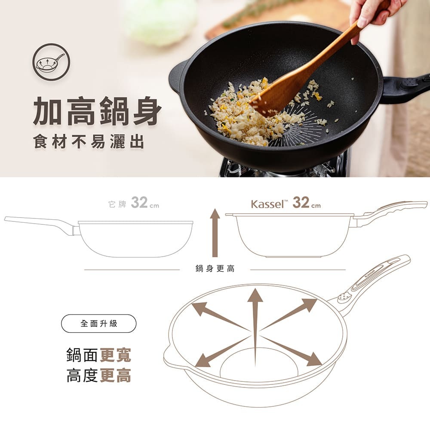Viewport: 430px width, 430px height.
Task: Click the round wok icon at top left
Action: pos(51,62)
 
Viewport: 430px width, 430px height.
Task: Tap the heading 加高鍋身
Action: pos(97,111)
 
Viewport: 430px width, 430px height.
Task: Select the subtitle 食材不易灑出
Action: pos(89,141)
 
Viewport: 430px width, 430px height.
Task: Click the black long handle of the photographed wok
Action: pos(406,88)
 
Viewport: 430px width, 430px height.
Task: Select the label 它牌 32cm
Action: pos(134,203)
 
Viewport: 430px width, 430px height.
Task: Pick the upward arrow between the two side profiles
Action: pos(215,233)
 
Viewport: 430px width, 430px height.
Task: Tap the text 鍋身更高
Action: pos(215,268)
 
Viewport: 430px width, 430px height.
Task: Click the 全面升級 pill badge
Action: pos(99,324)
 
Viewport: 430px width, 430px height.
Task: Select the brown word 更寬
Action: pos(115,355)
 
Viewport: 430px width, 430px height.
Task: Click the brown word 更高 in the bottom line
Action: pos(115,375)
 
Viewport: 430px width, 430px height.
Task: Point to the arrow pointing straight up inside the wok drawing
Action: pos(255,326)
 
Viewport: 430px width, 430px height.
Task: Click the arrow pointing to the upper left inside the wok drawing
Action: pos(220,317)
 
